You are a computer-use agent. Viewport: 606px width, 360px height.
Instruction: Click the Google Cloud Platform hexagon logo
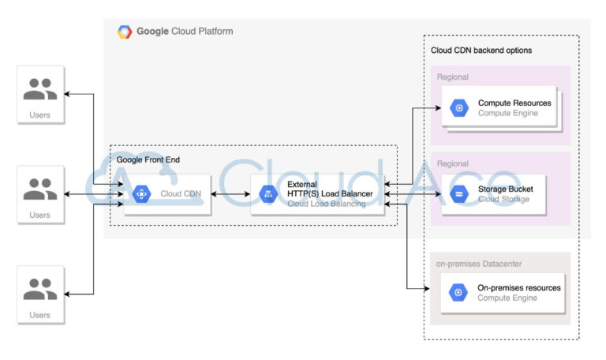click(x=125, y=32)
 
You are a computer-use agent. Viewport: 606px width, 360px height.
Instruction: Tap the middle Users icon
click(x=40, y=189)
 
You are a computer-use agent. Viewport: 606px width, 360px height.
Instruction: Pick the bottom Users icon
click(x=40, y=289)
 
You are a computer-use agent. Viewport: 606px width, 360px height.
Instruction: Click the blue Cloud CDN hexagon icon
click(x=141, y=194)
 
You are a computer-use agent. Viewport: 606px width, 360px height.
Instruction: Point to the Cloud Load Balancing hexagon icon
click(x=267, y=194)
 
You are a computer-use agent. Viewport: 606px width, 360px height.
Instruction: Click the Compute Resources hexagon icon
click(x=458, y=108)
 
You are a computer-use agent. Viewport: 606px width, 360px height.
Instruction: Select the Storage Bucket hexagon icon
click(x=458, y=194)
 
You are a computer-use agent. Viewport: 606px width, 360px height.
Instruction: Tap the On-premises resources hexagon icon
click(x=458, y=293)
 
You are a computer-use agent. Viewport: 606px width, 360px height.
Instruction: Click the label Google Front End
click(x=148, y=159)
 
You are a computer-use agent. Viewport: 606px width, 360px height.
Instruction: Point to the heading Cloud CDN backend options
click(x=481, y=51)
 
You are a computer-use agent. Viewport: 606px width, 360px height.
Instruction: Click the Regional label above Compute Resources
click(x=453, y=77)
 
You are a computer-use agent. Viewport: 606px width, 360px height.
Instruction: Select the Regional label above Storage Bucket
click(x=453, y=163)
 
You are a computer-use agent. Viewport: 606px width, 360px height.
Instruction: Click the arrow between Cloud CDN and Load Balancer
click(x=230, y=194)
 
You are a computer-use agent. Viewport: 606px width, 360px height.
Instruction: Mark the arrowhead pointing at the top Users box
click(x=69, y=95)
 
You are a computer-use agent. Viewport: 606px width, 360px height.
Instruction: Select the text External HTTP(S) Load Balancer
click(x=329, y=189)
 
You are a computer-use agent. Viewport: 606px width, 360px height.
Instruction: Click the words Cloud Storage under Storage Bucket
click(x=503, y=199)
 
